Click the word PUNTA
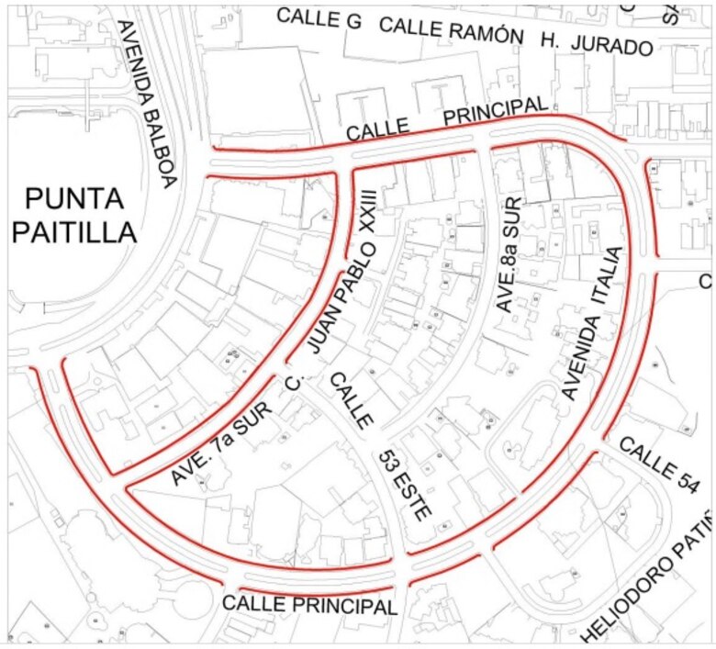[x=74, y=197]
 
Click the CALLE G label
[x=319, y=17]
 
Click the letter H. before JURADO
[x=549, y=39]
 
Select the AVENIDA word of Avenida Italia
[x=580, y=358]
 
